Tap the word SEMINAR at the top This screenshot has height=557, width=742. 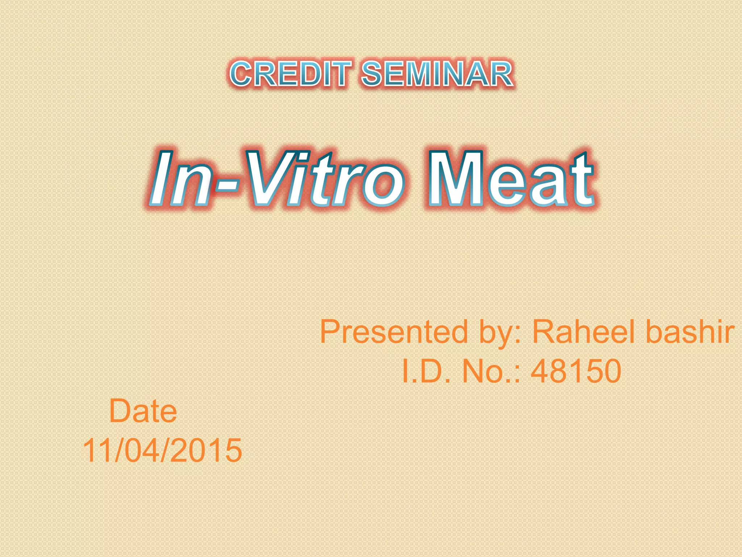[x=437, y=74]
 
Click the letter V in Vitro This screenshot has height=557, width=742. [x=270, y=178]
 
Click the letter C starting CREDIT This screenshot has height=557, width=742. [x=241, y=74]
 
